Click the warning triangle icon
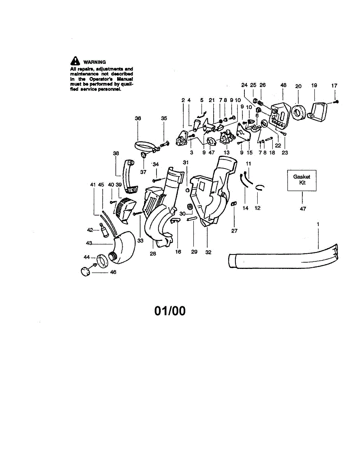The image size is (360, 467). tap(75, 61)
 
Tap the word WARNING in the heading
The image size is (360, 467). tap(94, 62)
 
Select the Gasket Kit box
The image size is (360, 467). tap(302, 180)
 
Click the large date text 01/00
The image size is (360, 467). tap(170, 311)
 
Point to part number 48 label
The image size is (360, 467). tap(283, 85)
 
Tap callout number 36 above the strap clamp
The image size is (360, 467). tap(138, 119)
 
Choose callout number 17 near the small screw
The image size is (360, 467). tap(334, 85)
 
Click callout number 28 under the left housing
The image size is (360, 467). tap(153, 253)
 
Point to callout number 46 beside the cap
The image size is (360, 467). tap(113, 272)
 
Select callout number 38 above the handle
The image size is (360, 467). tap(116, 153)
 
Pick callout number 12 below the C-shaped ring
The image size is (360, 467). tap(258, 208)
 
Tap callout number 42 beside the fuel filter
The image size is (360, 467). tap(90, 230)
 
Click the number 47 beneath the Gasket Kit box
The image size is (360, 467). tap(303, 209)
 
